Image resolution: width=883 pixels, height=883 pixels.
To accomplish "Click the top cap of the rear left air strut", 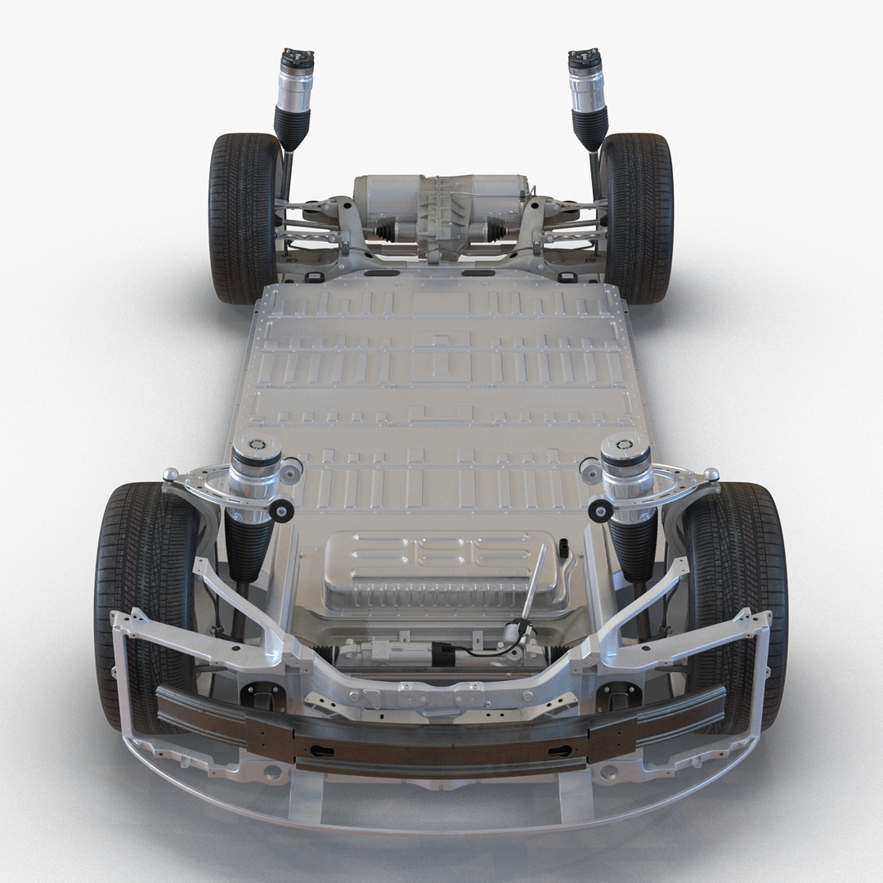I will [x=298, y=60].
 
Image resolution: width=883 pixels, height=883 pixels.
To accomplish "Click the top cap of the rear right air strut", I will [x=585, y=60].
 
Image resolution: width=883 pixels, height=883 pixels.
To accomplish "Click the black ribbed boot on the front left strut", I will [x=249, y=548].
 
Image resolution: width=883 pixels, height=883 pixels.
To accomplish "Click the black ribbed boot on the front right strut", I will [x=634, y=548].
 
